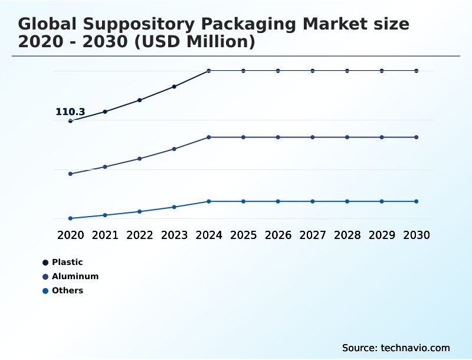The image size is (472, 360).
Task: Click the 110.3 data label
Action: [x=70, y=112]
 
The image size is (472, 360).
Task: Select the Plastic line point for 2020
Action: [x=70, y=121]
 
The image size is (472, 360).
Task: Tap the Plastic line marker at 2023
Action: [x=174, y=87]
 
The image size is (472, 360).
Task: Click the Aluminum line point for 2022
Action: [x=140, y=159]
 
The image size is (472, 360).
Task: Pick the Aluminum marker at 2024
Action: [x=209, y=138]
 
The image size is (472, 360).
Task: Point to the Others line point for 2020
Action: [x=70, y=218]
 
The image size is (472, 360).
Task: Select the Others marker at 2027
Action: [x=313, y=201]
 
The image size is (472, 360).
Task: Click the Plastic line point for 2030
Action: [x=417, y=71]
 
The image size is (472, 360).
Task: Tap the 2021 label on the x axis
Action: [x=105, y=235]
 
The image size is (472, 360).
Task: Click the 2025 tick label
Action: [x=243, y=235]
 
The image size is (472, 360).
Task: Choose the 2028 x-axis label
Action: [x=347, y=235]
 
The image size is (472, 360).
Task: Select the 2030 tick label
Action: [x=417, y=235]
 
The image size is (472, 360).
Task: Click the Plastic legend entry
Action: [x=67, y=262]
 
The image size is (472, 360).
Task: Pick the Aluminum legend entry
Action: [x=75, y=276]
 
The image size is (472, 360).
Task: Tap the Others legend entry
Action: [x=67, y=290]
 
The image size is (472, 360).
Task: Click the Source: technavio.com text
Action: [x=396, y=348]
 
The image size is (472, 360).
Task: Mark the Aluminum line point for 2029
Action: [x=382, y=138]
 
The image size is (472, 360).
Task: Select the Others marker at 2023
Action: [x=174, y=207]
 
